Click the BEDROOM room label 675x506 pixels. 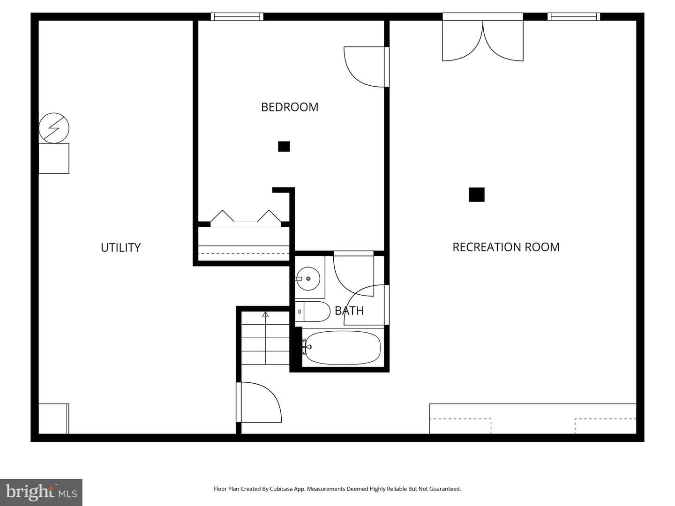tap(289, 107)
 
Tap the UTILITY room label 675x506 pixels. tap(120, 248)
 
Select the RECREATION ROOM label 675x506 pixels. tap(506, 247)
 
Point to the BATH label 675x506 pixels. tap(349, 311)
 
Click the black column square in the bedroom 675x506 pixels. tap(284, 147)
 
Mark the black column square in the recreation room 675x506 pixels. tap(476, 195)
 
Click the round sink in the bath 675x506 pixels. tap(308, 279)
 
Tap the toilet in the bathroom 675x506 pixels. tap(313, 312)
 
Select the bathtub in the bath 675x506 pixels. tap(343, 348)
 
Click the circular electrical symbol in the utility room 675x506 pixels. tap(54, 128)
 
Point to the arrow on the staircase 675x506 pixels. tap(265, 338)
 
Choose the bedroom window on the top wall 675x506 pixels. tap(237, 16)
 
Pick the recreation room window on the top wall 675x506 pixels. tap(574, 16)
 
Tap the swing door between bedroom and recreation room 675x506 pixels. tap(366, 67)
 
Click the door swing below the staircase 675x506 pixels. tap(259, 402)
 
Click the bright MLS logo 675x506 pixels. tap(41, 492)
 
